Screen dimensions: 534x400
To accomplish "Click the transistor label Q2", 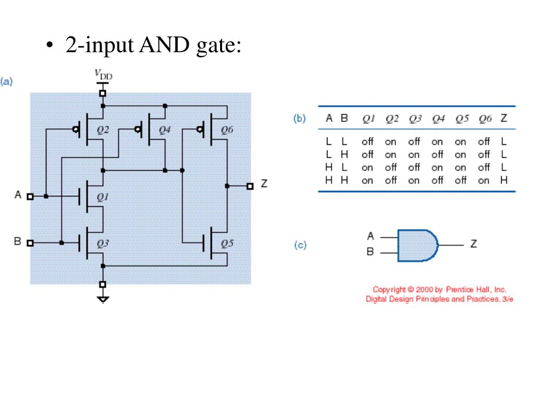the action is [103, 130].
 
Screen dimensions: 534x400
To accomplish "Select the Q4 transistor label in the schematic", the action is [165, 130].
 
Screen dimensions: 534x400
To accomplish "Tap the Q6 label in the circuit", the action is [227, 130].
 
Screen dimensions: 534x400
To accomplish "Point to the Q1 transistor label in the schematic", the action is [103, 197].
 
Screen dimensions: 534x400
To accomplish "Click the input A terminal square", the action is [30, 196].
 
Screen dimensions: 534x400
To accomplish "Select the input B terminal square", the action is [30, 243].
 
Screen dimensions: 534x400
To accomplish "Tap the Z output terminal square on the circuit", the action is [250, 186].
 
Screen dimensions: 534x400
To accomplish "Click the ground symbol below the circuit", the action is [103, 299].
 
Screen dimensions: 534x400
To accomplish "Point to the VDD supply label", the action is [103, 74].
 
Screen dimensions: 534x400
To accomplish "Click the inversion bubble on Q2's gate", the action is [75, 129].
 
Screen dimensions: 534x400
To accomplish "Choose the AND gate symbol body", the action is [418, 245].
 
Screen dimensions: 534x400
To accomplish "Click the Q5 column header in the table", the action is [462, 119].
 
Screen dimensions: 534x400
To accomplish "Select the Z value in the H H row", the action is [504, 180].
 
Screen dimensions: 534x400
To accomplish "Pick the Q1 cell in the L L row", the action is [368, 142].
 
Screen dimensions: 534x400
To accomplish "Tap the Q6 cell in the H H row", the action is [483, 181].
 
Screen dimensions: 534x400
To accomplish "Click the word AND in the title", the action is [164, 45].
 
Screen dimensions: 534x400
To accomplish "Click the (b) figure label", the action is [299, 119].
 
